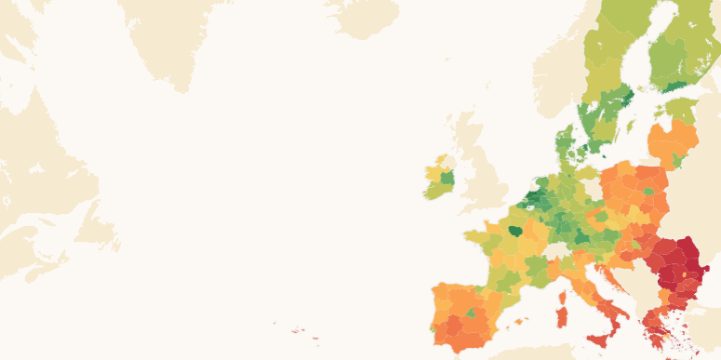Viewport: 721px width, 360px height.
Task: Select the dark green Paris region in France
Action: point(514,230)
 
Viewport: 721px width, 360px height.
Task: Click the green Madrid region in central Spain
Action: point(471,313)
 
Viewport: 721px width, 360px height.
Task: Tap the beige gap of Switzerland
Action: point(559,251)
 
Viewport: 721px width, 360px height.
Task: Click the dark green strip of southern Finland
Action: point(679,86)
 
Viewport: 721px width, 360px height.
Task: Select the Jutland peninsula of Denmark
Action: point(566,146)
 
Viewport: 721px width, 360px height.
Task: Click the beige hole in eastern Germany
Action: point(592,190)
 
